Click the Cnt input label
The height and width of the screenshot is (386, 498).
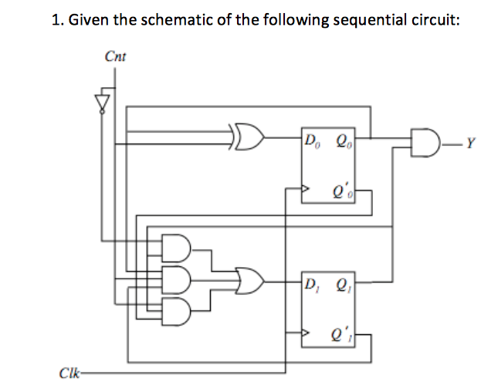pos(115,56)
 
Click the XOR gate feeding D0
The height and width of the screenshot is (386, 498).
pos(248,140)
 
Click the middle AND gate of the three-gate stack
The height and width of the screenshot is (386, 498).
pos(175,277)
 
